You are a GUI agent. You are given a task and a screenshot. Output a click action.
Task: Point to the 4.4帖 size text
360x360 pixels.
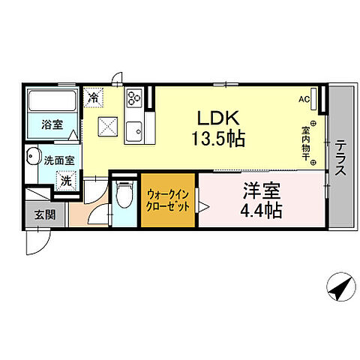click(x=261, y=211)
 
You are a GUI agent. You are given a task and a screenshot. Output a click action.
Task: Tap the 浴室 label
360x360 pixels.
click(x=52, y=124)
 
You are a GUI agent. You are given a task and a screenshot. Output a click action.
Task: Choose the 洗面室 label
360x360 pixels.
click(x=58, y=159)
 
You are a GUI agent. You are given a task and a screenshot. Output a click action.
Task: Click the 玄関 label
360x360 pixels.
click(x=44, y=214)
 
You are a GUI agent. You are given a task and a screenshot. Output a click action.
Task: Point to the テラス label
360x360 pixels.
click(x=341, y=159)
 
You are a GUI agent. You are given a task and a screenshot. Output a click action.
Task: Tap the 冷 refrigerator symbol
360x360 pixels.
click(x=94, y=96)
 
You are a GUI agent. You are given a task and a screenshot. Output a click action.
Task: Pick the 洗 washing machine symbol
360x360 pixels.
click(x=67, y=181)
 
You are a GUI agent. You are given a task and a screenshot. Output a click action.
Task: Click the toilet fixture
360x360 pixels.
click(x=124, y=196)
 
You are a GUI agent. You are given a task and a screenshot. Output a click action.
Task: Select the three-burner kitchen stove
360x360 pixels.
click(x=135, y=99)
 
